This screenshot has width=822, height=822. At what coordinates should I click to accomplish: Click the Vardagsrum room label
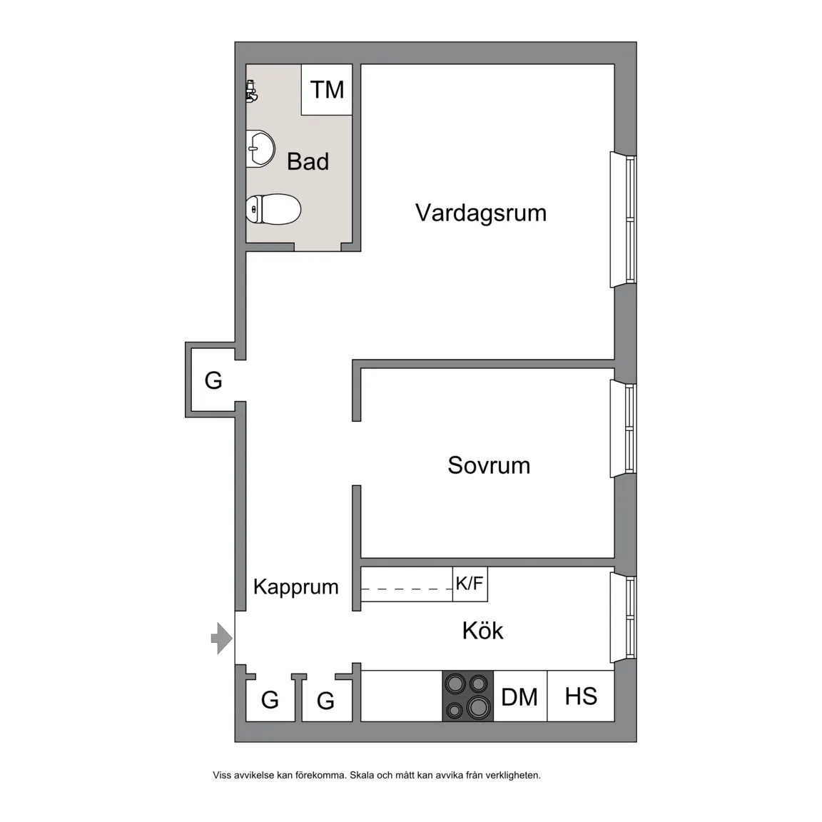pyautogui.click(x=481, y=213)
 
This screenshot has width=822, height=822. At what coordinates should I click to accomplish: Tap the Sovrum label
pyautogui.click(x=489, y=465)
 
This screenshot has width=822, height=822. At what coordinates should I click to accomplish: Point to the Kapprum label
pyautogui.click(x=295, y=587)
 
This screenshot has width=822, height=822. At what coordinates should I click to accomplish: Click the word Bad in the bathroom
pyautogui.click(x=308, y=161)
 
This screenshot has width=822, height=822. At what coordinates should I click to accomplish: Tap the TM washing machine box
pyautogui.click(x=326, y=90)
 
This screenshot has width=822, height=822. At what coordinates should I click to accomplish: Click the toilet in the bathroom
pyautogui.click(x=273, y=209)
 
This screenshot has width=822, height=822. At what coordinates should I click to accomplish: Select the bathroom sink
pyautogui.click(x=260, y=149)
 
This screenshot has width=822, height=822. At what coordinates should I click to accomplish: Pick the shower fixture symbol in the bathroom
pyautogui.click(x=251, y=92)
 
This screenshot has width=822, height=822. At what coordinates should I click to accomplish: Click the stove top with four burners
pyautogui.click(x=467, y=696)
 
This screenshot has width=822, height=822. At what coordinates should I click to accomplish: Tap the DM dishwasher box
pyautogui.click(x=519, y=696)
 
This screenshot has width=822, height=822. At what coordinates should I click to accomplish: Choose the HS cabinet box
pyautogui.click(x=581, y=696)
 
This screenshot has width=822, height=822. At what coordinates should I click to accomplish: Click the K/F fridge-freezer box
pyautogui.click(x=470, y=584)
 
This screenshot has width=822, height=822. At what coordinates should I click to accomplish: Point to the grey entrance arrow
pyautogui.click(x=222, y=639)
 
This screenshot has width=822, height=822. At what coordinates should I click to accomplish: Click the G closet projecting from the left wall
pyautogui.click(x=213, y=380)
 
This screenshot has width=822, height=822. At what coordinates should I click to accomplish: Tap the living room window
pyautogui.click(x=624, y=220)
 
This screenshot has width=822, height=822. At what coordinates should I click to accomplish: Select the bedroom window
pyautogui.click(x=624, y=429)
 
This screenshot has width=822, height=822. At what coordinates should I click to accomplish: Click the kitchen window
pyautogui.click(x=624, y=617)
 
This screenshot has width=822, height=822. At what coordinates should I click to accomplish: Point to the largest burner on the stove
pyautogui.click(x=478, y=706)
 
